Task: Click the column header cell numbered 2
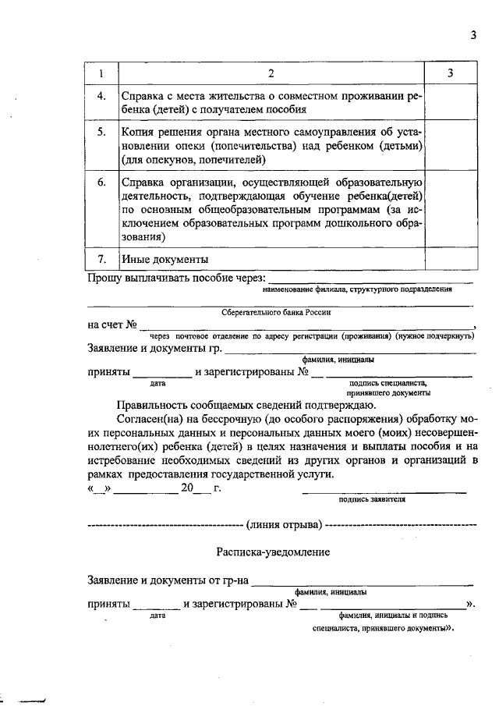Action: coord(271,73)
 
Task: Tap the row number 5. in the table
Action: coord(101,132)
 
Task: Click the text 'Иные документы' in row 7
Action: coord(164,258)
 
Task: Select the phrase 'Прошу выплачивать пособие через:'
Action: coord(175,278)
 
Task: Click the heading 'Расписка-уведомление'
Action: coord(273,552)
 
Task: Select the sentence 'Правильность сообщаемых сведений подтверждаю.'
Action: coord(246,404)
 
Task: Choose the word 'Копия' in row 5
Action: coord(138,132)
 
